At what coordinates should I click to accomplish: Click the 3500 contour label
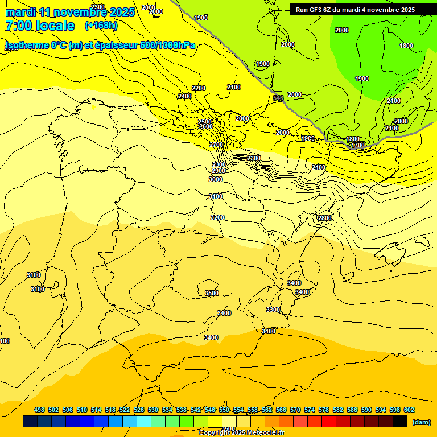pyautogui.click(x=211, y=294)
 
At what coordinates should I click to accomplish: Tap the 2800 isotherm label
pyautogui.click(x=324, y=218)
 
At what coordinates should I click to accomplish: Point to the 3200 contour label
pyautogui.click(x=217, y=217)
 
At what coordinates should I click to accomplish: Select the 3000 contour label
pyautogui.click(x=216, y=179)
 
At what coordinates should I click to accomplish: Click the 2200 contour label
pyautogui.click(x=199, y=88)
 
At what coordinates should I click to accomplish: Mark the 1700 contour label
pyautogui.click(x=357, y=146)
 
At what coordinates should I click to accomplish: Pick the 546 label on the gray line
pyautogui.click(x=278, y=98)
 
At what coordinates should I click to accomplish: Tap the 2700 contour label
pyautogui.click(x=216, y=145)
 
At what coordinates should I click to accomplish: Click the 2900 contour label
pyautogui.click(x=218, y=171)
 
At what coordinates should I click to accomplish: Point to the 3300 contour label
pyautogui.click(x=273, y=310)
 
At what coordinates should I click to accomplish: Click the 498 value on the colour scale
pyautogui.click(x=39, y=410)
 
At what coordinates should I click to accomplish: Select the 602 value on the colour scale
pyautogui.click(x=409, y=410)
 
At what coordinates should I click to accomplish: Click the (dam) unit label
pyautogui.click(x=421, y=422)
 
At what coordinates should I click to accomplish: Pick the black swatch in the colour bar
pyautogui.click(x=400, y=422)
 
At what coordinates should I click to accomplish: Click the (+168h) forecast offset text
pyautogui.click(x=101, y=26)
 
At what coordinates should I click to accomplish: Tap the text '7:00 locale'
pyautogui.click(x=40, y=26)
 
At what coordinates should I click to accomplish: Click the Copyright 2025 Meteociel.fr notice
pyautogui.click(x=242, y=433)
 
